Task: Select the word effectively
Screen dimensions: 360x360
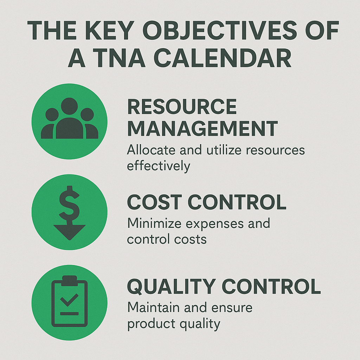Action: (x=159, y=165)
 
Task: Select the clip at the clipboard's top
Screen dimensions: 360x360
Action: (x=69, y=280)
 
